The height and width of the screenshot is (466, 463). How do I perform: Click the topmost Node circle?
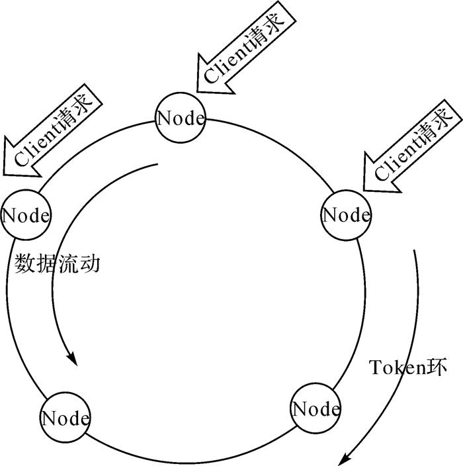[180, 118]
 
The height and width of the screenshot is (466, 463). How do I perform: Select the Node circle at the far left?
[26, 215]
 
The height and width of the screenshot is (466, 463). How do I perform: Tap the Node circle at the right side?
[346, 214]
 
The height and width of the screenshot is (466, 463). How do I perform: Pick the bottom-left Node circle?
[65, 418]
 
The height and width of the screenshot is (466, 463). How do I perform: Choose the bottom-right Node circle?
[316, 408]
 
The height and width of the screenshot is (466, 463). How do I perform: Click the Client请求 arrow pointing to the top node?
[243, 46]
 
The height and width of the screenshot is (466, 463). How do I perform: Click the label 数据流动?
[57, 265]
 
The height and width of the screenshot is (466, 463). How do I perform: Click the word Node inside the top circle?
[180, 118]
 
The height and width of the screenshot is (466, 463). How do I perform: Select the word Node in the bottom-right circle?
[316, 408]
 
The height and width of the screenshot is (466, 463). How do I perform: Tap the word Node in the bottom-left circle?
[65, 418]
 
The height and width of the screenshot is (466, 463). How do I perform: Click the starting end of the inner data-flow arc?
[158, 165]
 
